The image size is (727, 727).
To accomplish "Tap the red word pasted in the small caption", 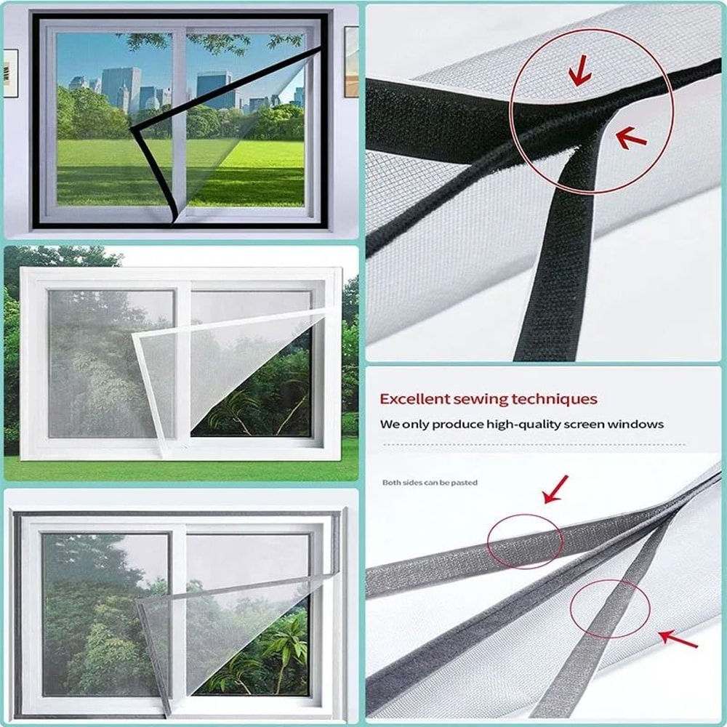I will coord(466,483).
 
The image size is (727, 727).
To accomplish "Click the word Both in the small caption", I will coord(391,483).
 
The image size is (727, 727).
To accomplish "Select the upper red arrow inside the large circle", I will coord(579,73).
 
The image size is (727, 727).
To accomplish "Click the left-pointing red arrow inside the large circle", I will coord(631,137).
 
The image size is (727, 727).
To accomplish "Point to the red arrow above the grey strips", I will coord(556,489).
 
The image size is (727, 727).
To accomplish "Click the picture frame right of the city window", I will coord(351,61).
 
